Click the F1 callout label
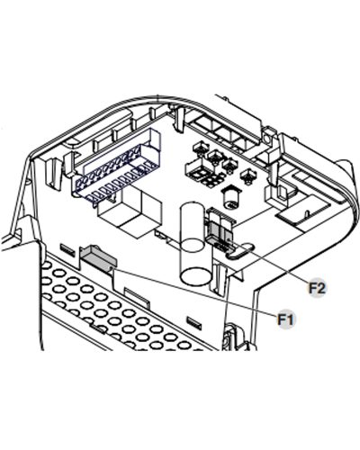pos(285,319)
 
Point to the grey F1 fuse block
pos(98,256)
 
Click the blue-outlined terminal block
pos(116,166)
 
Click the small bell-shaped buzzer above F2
pos(230,197)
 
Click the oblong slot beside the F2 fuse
pos(239,250)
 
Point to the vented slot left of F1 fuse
pos(67,250)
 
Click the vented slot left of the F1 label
pos(194,321)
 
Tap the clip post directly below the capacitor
pos(220,278)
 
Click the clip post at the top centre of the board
pos(179,119)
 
